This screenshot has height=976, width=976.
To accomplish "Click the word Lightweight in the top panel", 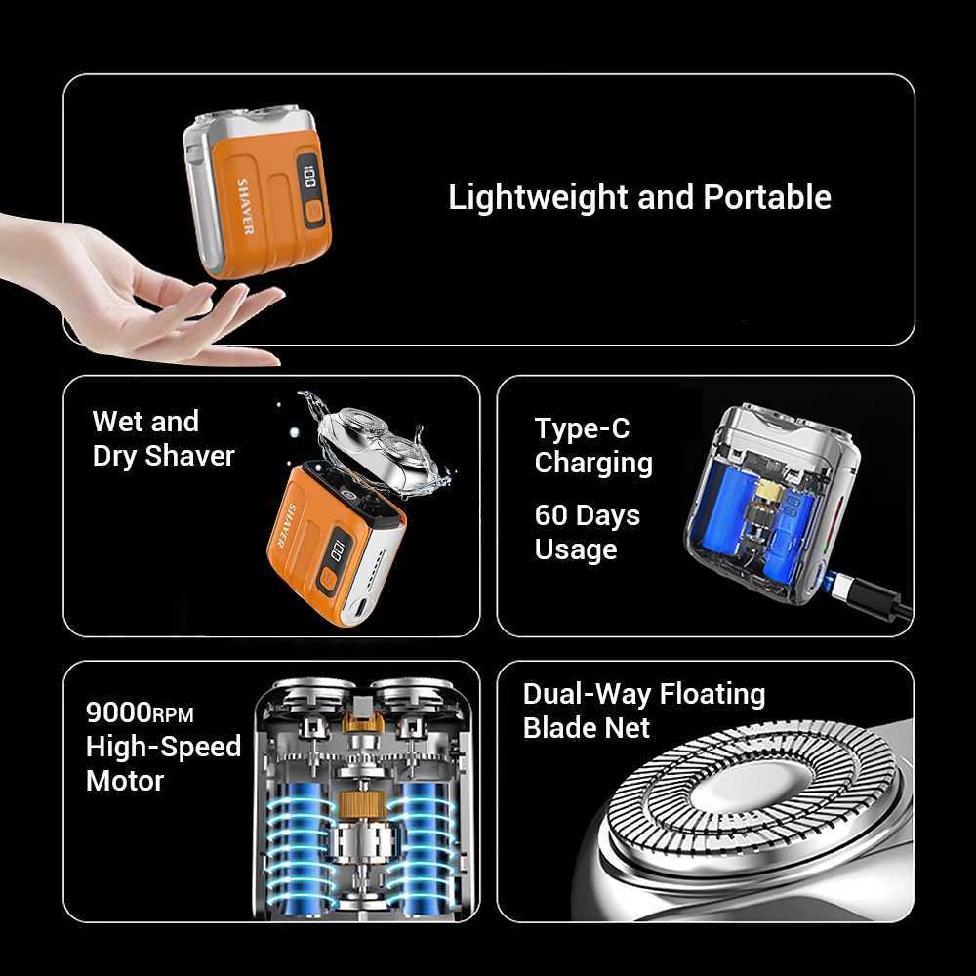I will tap(538, 198).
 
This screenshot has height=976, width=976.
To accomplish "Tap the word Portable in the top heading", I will tap(767, 197).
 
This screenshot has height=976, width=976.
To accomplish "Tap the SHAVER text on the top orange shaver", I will tap(245, 205).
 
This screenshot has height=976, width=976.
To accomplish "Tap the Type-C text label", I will tap(582, 428).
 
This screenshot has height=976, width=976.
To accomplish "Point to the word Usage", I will tap(576, 549).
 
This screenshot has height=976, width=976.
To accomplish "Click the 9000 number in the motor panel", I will tap(118, 712).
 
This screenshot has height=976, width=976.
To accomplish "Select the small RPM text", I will tap(173, 715).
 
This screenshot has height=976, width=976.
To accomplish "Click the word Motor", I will tap(125, 781).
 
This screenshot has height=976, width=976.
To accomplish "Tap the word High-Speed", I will tap(163, 747).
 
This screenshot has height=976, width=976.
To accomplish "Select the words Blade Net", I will tap(586, 728).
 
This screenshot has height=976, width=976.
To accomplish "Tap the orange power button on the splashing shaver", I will tap(328, 578).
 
